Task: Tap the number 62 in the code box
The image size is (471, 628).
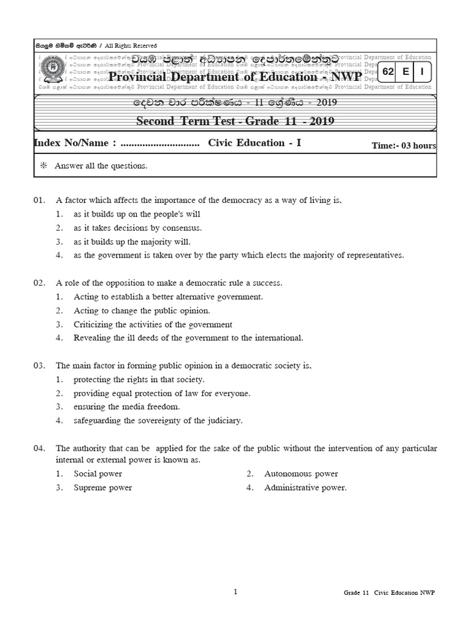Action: coord(388,72)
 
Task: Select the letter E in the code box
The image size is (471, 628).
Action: coord(405,72)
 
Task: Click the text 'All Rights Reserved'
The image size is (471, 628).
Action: coord(131,46)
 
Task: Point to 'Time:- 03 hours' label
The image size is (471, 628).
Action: coord(404,145)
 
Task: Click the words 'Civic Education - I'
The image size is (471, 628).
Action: coord(255,144)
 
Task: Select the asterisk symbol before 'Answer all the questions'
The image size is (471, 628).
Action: coord(43,166)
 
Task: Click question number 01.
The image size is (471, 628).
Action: coord(40,200)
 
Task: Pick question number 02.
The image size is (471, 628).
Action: coord(40,283)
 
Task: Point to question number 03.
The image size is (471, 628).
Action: coord(40,366)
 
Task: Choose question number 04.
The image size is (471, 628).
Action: coord(40,448)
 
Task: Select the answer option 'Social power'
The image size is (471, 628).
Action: coord(98,473)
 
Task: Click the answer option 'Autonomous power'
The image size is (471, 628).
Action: coord(301,473)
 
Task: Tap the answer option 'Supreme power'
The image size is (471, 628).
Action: coord(102,488)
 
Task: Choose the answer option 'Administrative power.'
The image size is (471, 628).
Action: coord(305,488)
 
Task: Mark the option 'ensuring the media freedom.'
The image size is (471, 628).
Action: coord(127,407)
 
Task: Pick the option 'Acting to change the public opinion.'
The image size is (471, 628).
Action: coord(142,310)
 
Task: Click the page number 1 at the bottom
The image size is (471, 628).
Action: coord(235,592)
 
